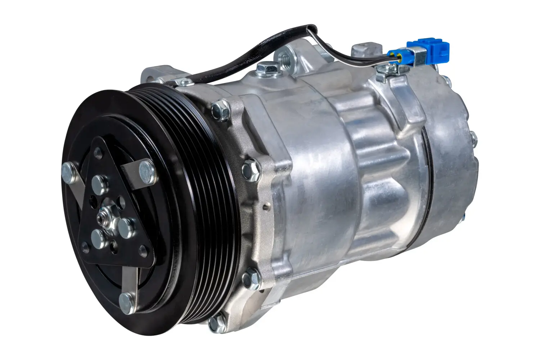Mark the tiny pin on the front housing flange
(x=265, y=207)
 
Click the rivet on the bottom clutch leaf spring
(x=126, y=299)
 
